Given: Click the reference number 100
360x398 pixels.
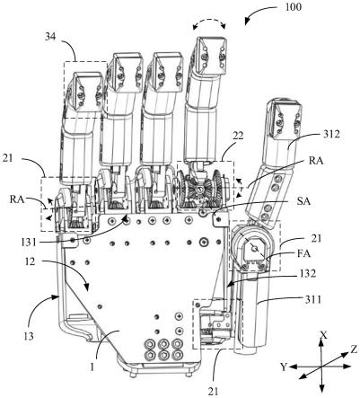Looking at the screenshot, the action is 293,6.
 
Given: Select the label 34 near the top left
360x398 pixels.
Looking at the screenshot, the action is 50,38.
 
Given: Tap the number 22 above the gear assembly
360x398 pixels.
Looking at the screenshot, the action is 238,136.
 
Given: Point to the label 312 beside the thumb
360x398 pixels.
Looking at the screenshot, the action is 331,135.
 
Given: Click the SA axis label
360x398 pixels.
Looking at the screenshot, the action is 303,201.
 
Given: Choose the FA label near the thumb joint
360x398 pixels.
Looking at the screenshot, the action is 303,254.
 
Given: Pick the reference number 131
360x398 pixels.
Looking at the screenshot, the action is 29,242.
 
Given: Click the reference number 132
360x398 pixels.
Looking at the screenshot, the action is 307,273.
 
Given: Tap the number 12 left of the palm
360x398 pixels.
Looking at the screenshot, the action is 31,261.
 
